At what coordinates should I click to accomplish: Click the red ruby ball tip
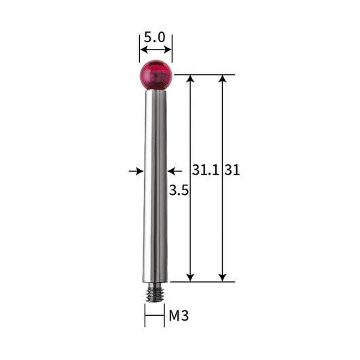point(156,75)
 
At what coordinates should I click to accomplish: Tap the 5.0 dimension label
point(154,37)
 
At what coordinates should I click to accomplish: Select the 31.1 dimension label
point(206,170)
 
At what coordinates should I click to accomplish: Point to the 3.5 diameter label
point(179,190)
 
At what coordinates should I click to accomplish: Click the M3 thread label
point(179,315)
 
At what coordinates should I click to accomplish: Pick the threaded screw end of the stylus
point(155,292)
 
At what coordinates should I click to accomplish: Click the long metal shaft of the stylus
point(155,186)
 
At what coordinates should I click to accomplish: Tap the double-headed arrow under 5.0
point(156,50)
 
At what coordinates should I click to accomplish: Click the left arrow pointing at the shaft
point(136,171)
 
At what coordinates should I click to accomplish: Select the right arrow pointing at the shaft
point(175,171)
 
